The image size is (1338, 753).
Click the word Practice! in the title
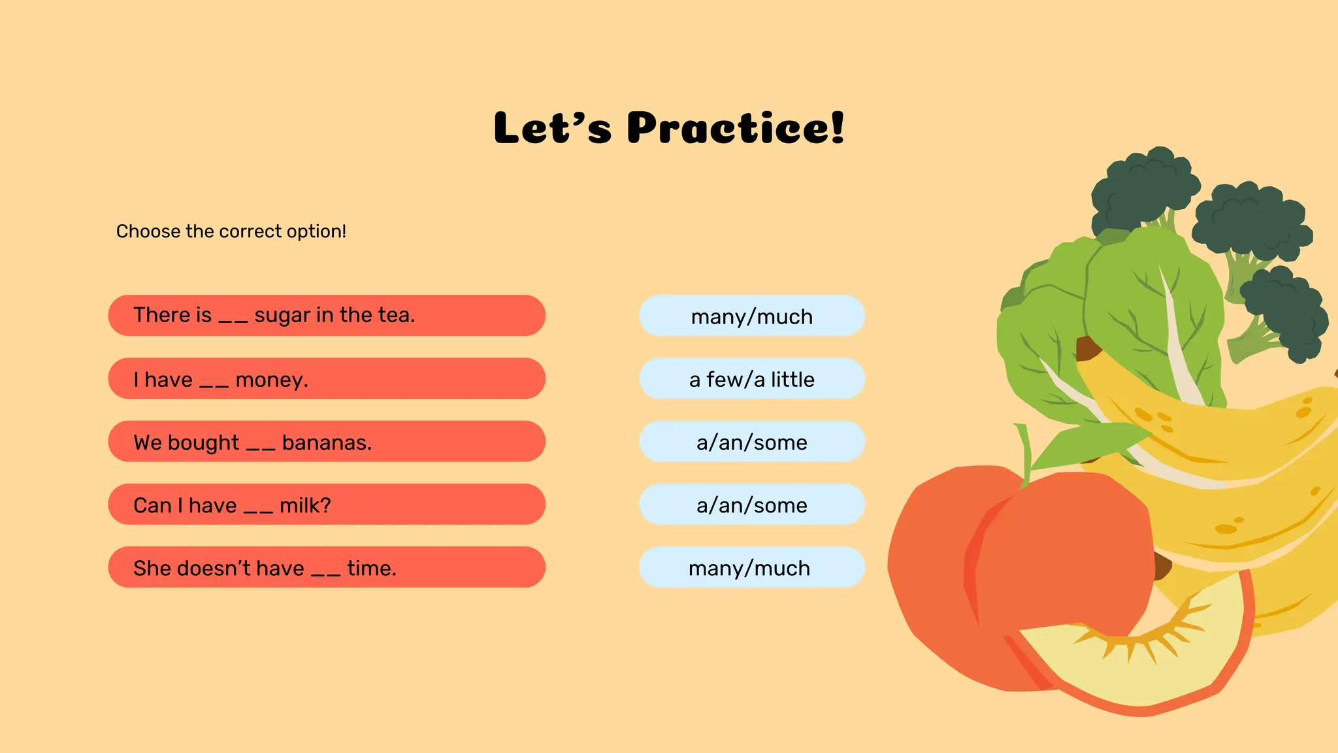(x=736, y=127)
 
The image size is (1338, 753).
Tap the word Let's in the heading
(x=552, y=127)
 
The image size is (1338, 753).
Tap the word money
(x=271, y=380)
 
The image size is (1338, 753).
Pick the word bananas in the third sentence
(x=327, y=443)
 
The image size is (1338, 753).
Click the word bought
(x=203, y=443)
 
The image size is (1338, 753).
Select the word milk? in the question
(x=305, y=505)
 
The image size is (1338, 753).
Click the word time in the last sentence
(x=371, y=568)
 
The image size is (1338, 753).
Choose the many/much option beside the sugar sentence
(x=752, y=316)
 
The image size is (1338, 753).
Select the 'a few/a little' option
(x=752, y=379)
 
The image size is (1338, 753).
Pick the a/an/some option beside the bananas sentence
(x=752, y=443)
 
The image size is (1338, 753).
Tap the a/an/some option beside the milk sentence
(x=752, y=505)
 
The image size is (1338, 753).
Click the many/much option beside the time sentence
(x=752, y=568)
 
